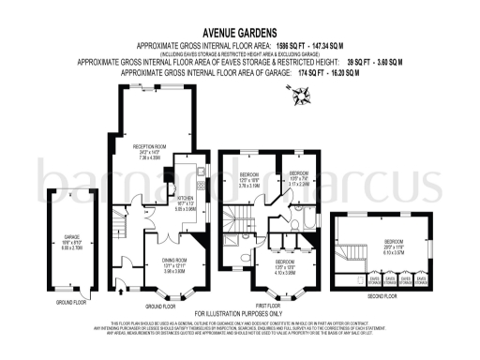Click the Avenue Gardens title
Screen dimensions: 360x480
[x=240, y=31]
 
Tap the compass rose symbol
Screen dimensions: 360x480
[x=303, y=95]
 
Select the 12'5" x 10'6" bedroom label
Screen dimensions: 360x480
[x=247, y=178]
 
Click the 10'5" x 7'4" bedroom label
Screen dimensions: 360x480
[x=298, y=179]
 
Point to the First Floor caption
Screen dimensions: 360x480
[x=270, y=305]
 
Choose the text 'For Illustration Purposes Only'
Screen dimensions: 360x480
[x=240, y=312]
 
